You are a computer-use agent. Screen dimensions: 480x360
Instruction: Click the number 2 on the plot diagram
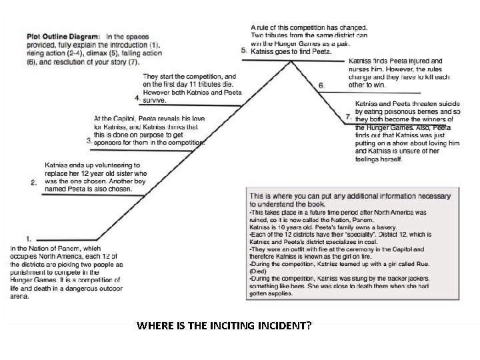(x=33, y=181)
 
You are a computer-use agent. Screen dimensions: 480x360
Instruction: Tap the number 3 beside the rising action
(x=89, y=141)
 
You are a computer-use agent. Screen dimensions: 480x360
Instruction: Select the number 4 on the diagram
(x=137, y=98)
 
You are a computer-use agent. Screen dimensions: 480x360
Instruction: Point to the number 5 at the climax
(x=244, y=51)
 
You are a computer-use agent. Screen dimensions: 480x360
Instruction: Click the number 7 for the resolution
(x=349, y=117)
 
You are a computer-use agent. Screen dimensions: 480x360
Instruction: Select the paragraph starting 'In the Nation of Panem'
(x=66, y=272)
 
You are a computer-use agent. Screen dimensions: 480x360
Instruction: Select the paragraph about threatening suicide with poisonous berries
(x=407, y=131)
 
